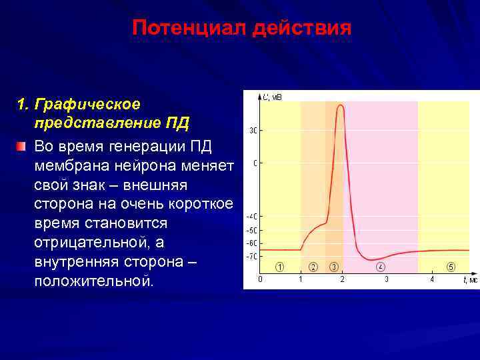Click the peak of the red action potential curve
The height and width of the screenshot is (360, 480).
341,105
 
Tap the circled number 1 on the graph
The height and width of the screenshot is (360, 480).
280,267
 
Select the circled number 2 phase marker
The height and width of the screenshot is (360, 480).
313,267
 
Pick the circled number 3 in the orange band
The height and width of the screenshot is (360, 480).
334,267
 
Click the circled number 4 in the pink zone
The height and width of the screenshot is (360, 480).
380,267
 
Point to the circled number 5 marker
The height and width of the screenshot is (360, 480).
451,267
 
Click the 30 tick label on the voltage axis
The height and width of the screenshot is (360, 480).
253,131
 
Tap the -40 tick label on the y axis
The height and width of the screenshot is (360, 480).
252,217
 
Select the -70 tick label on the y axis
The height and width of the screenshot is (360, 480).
252,257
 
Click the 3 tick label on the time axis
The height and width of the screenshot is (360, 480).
387,279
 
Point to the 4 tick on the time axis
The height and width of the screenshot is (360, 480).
431,279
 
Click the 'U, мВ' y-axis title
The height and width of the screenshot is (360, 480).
271,97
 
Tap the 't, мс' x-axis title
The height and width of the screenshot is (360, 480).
470,280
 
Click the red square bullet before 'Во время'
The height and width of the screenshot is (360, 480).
21,145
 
